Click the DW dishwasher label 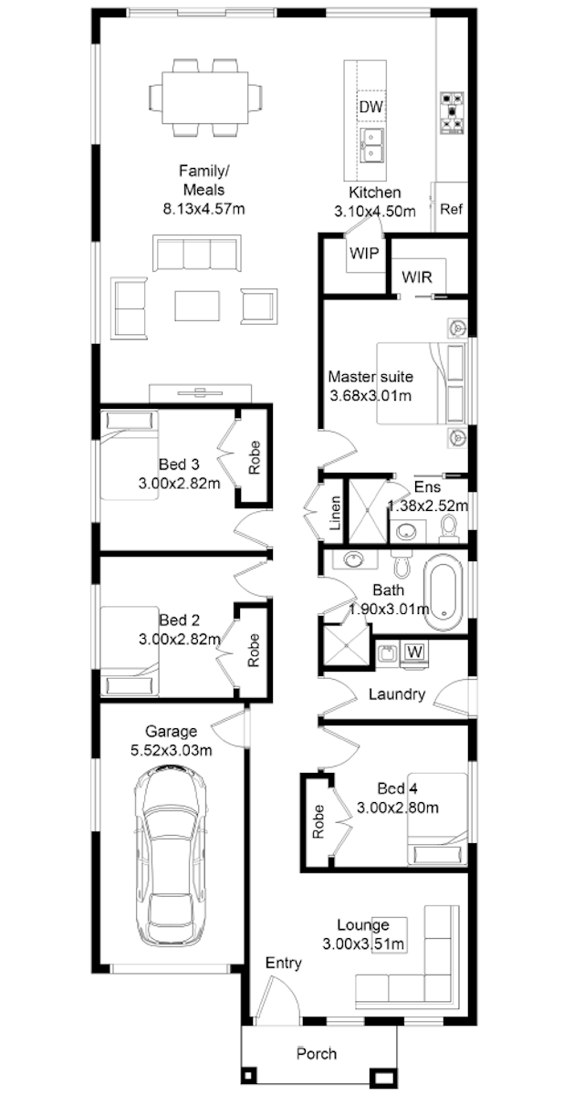coord(370,107)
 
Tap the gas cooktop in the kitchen coord(452,113)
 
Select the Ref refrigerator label coord(451,209)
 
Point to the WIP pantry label coord(364,254)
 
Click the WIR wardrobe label coord(417,277)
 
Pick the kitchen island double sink coord(372,145)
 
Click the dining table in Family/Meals coord(205,98)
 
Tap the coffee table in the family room coord(197,306)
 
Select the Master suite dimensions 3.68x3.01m coord(370,395)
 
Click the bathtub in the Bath coord(443,592)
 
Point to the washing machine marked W coord(414,652)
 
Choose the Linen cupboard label coord(335,513)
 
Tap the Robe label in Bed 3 coord(254,457)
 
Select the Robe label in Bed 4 coord(318,822)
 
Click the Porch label coord(317,1053)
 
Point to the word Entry coord(284,964)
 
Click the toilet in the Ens coord(449,530)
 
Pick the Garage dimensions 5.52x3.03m coord(171,749)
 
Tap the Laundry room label coord(397,694)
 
